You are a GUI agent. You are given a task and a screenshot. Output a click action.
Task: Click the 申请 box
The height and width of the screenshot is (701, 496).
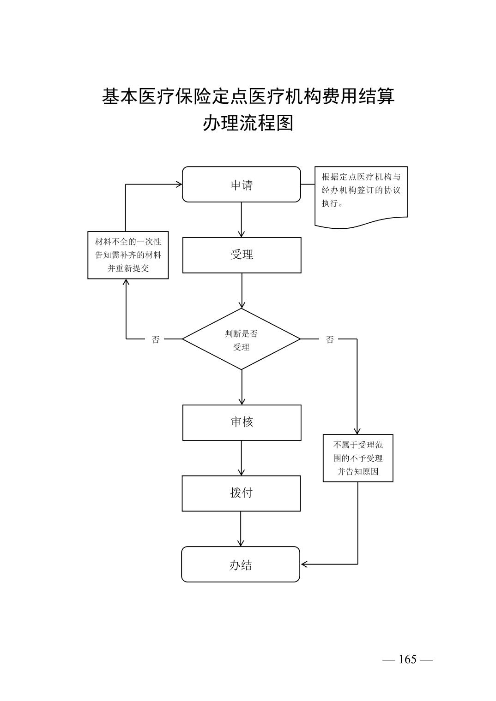[241, 184]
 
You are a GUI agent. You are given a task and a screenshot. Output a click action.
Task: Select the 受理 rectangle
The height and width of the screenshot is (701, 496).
[242, 255]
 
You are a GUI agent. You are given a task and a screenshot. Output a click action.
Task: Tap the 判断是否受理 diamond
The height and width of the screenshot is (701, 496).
[241, 339]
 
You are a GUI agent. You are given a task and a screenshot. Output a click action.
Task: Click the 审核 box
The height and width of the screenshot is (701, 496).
[242, 422]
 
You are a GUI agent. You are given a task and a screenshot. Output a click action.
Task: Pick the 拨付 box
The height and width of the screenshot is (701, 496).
[241, 493]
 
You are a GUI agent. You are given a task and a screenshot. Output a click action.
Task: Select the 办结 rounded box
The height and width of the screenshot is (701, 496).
[241, 564]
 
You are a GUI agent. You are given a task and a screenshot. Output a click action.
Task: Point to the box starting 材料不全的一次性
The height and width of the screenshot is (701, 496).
[128, 255]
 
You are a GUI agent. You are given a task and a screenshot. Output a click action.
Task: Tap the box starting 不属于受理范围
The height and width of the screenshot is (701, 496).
[358, 458]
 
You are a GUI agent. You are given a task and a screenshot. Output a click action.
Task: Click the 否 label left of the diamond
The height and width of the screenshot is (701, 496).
[156, 339]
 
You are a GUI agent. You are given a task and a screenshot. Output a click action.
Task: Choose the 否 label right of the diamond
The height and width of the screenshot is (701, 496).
[330, 339]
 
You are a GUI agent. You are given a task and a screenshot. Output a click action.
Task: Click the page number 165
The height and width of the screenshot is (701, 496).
[407, 659]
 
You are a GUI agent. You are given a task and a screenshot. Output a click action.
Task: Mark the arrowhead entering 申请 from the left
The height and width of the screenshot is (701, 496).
[179, 184]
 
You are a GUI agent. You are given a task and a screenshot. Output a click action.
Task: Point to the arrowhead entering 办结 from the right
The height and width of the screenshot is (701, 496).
[304, 564]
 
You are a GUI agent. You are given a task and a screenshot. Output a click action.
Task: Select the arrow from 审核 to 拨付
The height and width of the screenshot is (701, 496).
[241, 458]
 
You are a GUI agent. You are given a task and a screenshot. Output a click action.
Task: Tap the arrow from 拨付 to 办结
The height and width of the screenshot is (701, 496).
[241, 529]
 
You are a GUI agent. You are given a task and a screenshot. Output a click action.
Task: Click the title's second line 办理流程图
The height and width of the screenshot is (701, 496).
[248, 123]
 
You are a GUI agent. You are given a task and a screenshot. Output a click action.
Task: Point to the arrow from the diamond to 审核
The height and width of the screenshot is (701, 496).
[242, 387]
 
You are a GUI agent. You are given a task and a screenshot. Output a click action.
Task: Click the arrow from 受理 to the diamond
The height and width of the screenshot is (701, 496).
[242, 291]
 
